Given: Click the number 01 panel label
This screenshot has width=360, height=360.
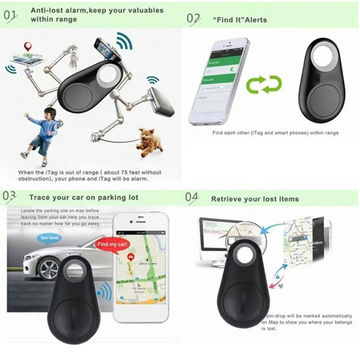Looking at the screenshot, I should pyautogui.click(x=10, y=15).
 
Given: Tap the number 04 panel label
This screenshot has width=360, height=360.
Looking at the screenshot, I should pyautogui.click(x=192, y=198).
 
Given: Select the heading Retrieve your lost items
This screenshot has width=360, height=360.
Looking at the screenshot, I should pyautogui.click(x=255, y=199).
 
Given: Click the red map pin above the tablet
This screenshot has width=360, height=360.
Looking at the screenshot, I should pyautogui.click(x=27, y=46).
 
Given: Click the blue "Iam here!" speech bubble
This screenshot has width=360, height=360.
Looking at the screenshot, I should pyautogui.click(x=48, y=237).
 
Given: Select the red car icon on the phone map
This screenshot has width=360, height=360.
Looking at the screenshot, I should pyautogui.click(x=131, y=256).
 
